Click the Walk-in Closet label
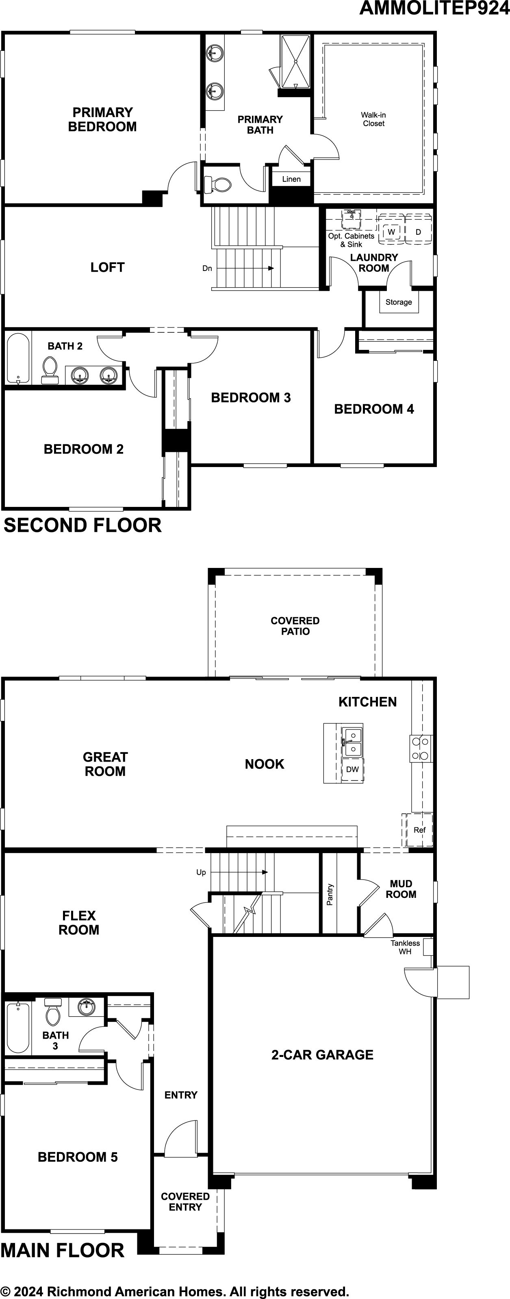(x=373, y=119)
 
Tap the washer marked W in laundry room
(x=391, y=231)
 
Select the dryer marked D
(x=418, y=231)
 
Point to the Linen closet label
(x=291, y=179)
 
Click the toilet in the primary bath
(x=217, y=185)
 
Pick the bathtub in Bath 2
(x=19, y=358)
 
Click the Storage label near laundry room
(x=399, y=302)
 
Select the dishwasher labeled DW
(x=353, y=769)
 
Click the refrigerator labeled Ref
(x=419, y=830)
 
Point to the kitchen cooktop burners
(x=420, y=748)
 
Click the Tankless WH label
(x=405, y=947)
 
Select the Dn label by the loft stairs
(x=207, y=268)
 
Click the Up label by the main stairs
(x=201, y=872)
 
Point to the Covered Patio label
(x=295, y=626)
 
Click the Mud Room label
(x=401, y=889)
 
